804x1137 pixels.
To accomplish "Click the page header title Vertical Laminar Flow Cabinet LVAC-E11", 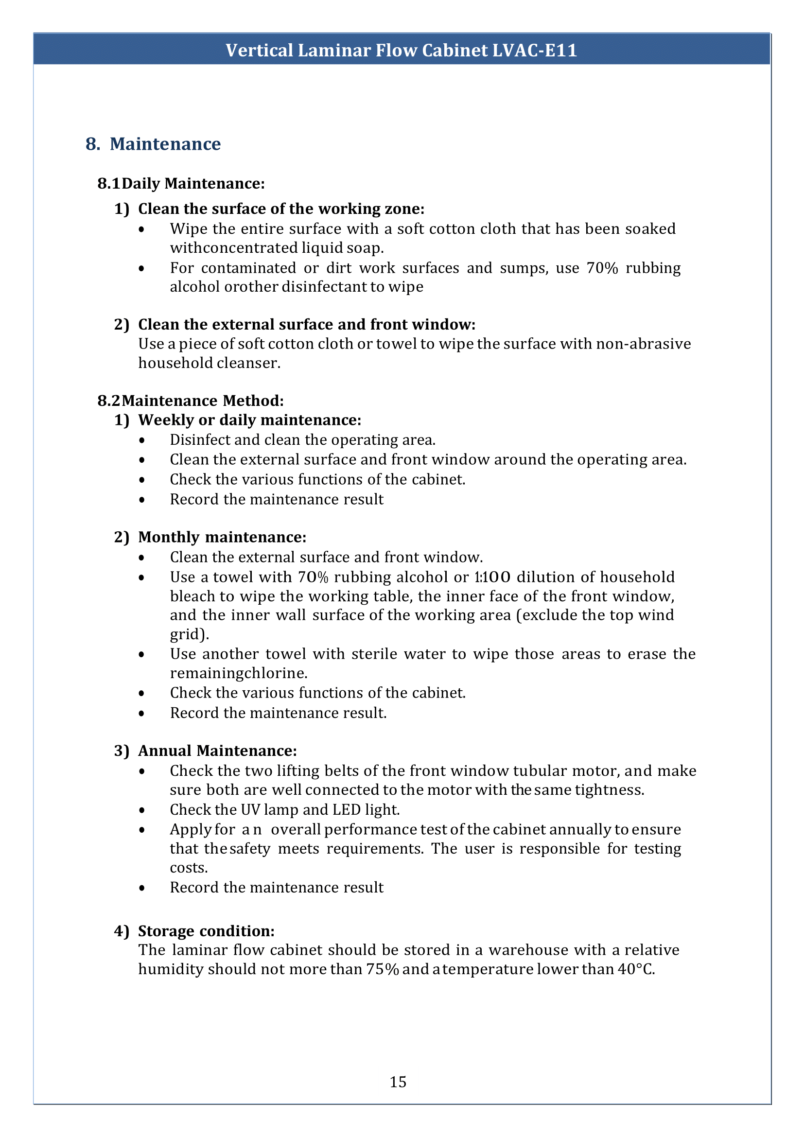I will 401,51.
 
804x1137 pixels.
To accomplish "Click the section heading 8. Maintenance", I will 153,144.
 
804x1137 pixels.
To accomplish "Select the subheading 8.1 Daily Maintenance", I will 181,184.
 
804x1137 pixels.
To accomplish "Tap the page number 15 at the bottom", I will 398,1082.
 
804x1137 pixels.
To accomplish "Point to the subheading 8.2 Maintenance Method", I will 191,401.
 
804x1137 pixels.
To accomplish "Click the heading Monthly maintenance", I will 222,537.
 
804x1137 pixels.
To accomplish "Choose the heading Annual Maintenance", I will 217,751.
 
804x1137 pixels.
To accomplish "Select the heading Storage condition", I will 206,931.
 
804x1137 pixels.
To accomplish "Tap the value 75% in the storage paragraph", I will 382,969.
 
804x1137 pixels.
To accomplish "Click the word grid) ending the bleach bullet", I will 190,634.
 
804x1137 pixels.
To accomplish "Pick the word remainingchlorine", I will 239,673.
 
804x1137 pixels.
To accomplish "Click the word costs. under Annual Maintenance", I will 189,868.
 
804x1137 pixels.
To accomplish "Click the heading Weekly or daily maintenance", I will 249,420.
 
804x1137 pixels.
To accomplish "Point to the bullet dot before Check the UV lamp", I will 142,810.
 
